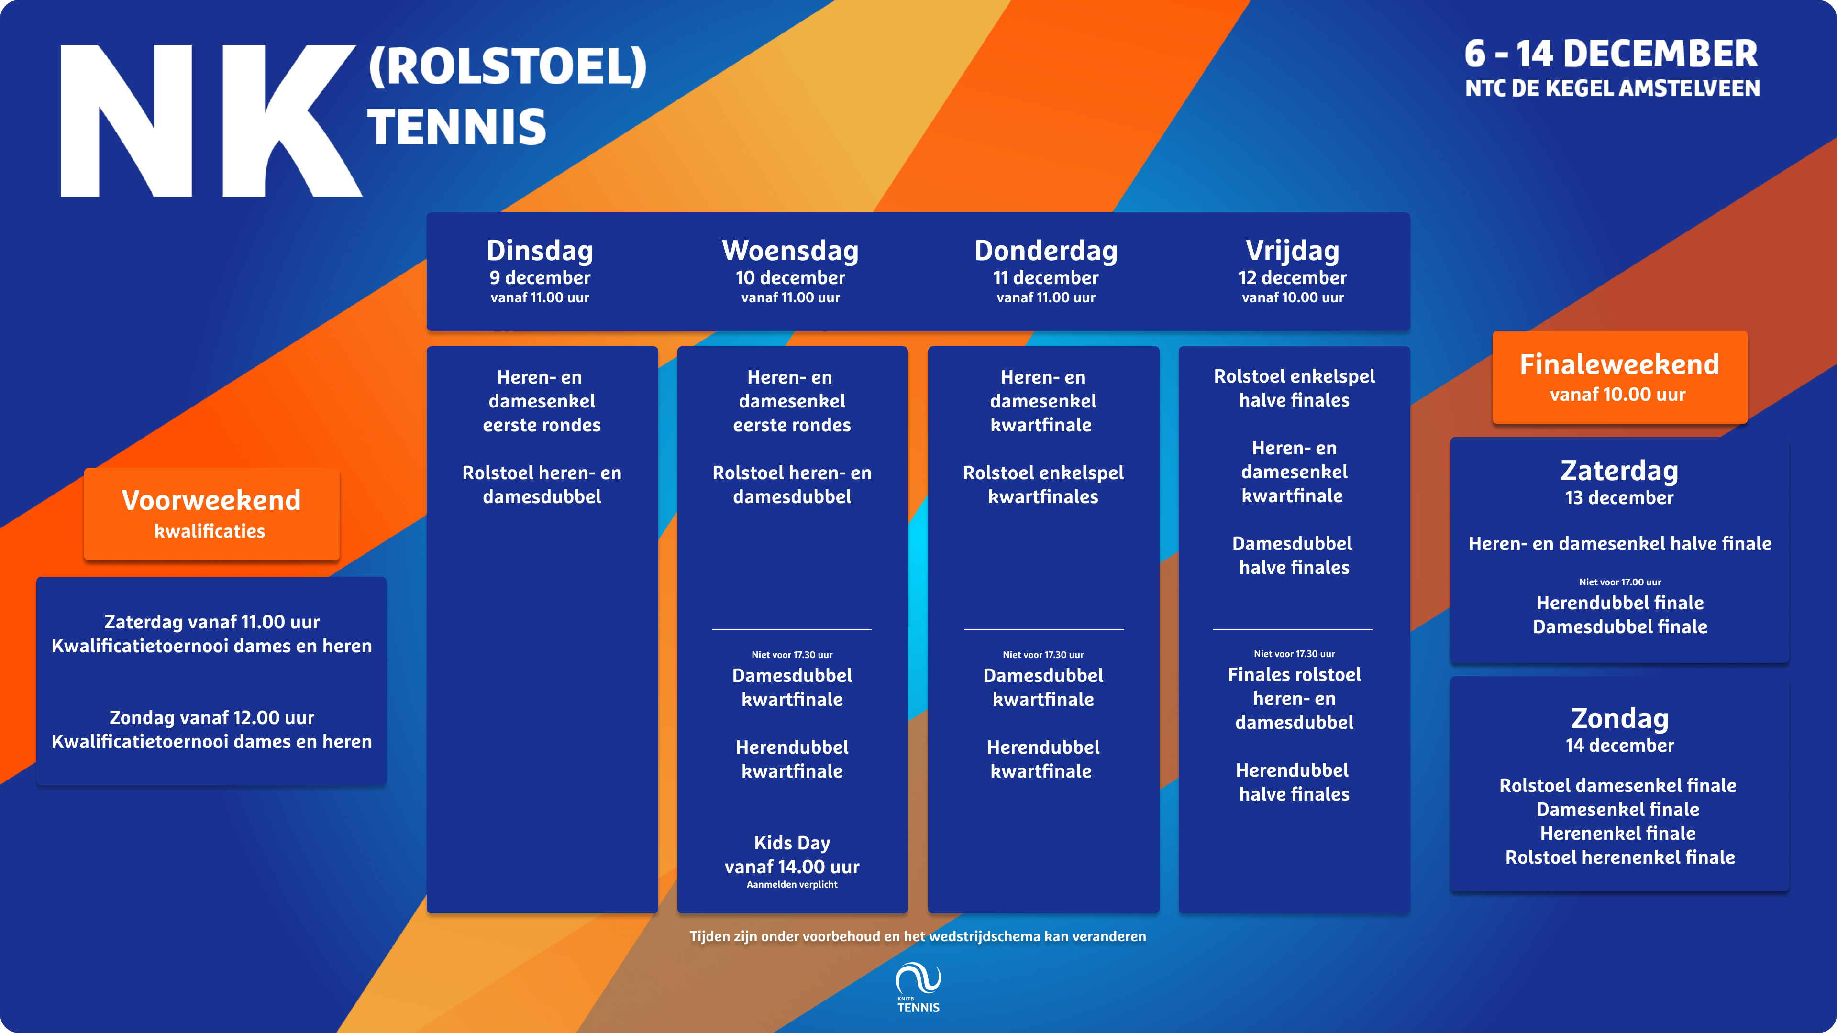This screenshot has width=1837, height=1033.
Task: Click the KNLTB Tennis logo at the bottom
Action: (x=918, y=988)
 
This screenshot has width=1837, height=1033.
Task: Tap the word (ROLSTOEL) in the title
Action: (x=507, y=66)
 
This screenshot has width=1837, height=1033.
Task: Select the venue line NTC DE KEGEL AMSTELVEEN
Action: (x=1612, y=88)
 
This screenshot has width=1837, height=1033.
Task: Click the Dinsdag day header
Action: (x=540, y=251)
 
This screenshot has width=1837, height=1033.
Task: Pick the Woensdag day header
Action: (x=790, y=251)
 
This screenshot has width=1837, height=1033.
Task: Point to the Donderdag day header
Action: (x=1045, y=251)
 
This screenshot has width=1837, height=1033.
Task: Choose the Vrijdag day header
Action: (x=1292, y=251)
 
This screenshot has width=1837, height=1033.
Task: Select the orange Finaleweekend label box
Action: (x=1619, y=377)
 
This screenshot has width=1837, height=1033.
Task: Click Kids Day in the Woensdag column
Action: (x=792, y=843)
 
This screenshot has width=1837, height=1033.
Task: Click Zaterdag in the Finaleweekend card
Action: (x=1619, y=471)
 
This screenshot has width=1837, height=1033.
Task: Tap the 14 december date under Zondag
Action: (x=1619, y=746)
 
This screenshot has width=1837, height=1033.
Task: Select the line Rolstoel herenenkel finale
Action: (x=1619, y=857)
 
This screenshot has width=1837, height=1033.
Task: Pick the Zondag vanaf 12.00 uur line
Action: (x=212, y=717)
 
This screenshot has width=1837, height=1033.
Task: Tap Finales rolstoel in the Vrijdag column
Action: (x=1295, y=674)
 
